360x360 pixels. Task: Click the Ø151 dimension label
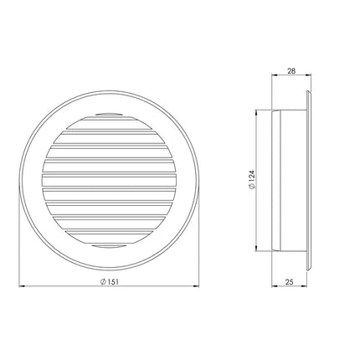pos(110,281)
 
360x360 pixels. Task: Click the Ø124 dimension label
pos(251,180)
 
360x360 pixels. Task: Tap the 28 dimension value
pos(291,71)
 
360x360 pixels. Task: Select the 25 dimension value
pos(290,282)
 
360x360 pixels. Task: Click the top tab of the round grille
pos(109,115)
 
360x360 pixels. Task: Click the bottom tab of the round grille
pos(109,246)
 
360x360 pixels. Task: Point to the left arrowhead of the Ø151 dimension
pos(22,285)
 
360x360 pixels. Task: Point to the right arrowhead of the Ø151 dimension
pos(196,285)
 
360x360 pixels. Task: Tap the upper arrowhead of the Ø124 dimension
pos(256,113)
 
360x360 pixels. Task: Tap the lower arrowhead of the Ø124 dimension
pos(256,248)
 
